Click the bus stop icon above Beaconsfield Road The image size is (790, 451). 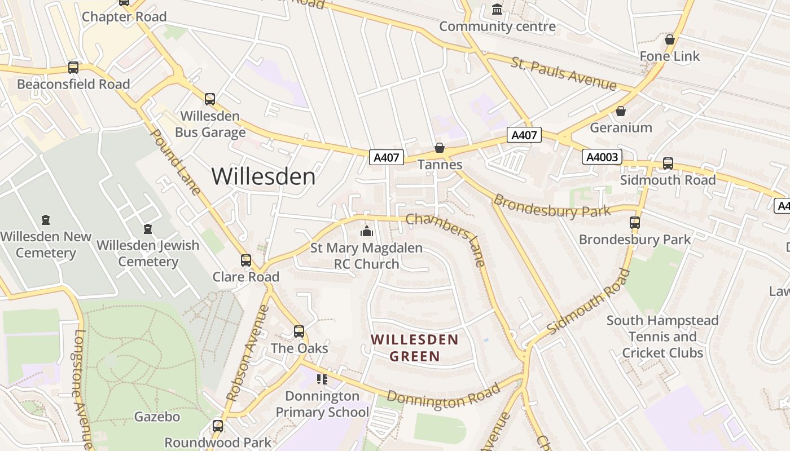click(x=73, y=68)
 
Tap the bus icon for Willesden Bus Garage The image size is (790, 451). click(x=210, y=99)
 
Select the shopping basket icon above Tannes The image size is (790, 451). click(x=440, y=148)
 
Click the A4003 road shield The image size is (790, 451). click(x=602, y=157)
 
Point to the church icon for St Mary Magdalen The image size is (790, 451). click(x=367, y=231)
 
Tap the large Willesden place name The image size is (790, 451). click(x=264, y=176)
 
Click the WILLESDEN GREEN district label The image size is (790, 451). click(x=415, y=348)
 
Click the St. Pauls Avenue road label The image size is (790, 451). click(x=564, y=73)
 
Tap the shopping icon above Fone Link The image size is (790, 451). click(x=670, y=39)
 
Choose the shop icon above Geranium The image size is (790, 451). click(x=621, y=111)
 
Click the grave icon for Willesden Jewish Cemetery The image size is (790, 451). click(x=148, y=229)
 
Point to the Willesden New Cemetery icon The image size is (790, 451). click(x=46, y=220)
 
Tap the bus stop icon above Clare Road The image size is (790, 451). click(x=246, y=260)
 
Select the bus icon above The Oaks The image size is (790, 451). click(x=299, y=331)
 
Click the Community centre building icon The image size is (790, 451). click(x=497, y=10)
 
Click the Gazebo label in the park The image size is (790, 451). click(x=157, y=417)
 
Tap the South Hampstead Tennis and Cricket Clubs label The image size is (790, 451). click(x=662, y=337)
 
